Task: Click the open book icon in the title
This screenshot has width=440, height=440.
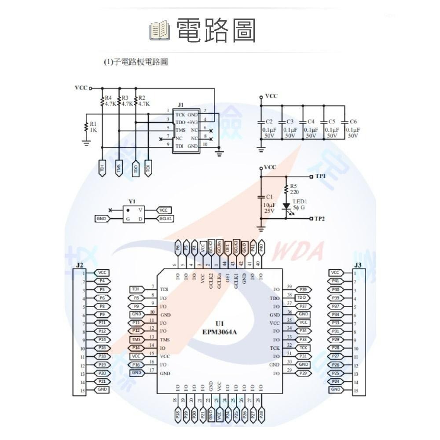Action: (x=160, y=30)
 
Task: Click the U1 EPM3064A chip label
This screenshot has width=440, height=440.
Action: (x=220, y=328)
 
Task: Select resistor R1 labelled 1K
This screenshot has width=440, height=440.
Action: (x=86, y=127)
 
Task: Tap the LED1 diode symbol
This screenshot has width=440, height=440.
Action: (x=286, y=205)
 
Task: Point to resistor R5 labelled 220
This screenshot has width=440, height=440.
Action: (x=286, y=190)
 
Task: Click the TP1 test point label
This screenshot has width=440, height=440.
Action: (x=320, y=176)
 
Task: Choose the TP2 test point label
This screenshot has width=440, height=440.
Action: (x=320, y=219)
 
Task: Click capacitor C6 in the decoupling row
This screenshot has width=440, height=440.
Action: (x=345, y=127)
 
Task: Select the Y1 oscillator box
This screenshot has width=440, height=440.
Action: (x=132, y=214)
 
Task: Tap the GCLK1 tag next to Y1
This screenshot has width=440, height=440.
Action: (x=166, y=219)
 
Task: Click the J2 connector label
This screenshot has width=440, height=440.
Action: (x=80, y=265)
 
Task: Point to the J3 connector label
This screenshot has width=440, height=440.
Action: (x=358, y=265)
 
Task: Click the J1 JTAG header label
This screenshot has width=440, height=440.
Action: (x=181, y=105)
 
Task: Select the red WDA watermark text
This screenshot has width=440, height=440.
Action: (x=300, y=251)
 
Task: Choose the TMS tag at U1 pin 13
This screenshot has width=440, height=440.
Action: (x=136, y=339)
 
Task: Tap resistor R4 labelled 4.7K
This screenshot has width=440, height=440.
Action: (x=103, y=102)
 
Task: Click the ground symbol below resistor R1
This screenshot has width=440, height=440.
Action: (x=86, y=143)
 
